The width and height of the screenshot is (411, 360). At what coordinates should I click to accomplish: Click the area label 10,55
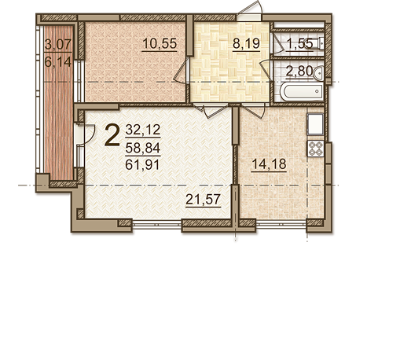pos(160,43)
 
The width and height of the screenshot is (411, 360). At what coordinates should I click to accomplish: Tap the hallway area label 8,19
pos(246,43)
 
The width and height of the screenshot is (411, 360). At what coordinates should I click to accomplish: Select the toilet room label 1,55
pos(300,43)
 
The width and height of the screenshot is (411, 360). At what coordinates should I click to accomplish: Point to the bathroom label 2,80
pos(299,71)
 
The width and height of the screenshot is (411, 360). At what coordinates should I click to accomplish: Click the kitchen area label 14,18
pos(269,164)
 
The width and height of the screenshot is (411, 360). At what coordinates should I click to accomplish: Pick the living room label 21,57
pos(203,200)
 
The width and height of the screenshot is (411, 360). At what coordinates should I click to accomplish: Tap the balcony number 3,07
pos(58,44)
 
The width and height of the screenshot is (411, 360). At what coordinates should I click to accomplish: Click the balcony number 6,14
pos(58,62)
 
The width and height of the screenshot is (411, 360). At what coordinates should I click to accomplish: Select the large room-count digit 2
pos(112,134)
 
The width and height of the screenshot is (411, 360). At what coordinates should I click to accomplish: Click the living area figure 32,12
pos(143,130)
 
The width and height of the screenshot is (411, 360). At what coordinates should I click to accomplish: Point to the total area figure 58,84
pos(143,148)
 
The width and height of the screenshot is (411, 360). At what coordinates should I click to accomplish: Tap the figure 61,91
pos(143,165)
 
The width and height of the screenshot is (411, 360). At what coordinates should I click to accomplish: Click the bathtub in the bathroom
pos(302,92)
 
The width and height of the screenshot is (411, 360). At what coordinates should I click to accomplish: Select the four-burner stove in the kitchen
pos(316,149)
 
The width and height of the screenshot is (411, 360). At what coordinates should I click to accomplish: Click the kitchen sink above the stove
pos(316,124)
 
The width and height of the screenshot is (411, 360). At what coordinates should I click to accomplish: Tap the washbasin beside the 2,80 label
pos(318,72)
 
